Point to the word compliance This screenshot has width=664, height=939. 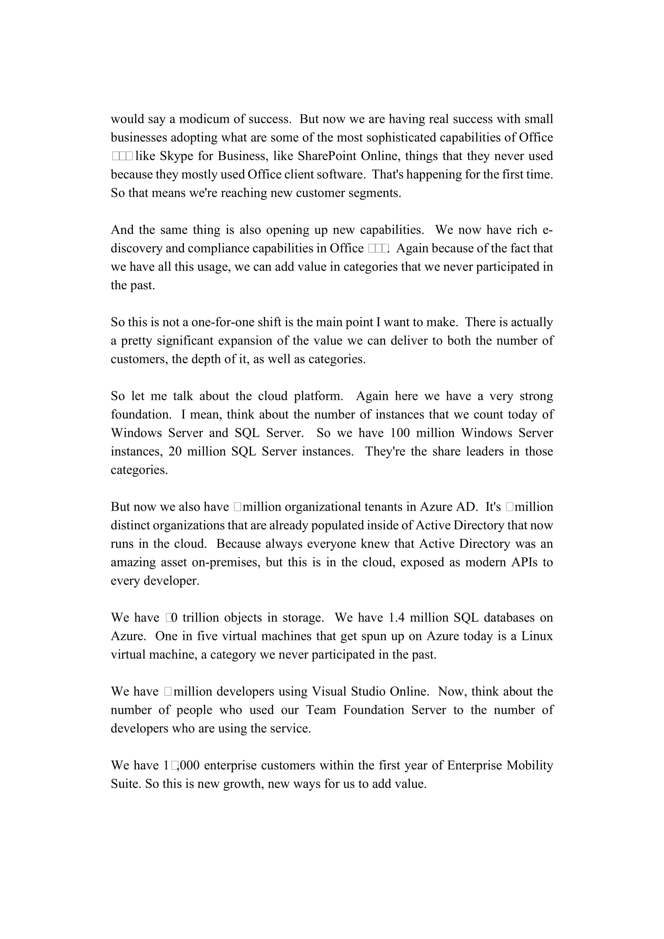(x=216, y=248)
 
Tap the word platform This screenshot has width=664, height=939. (x=318, y=396)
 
